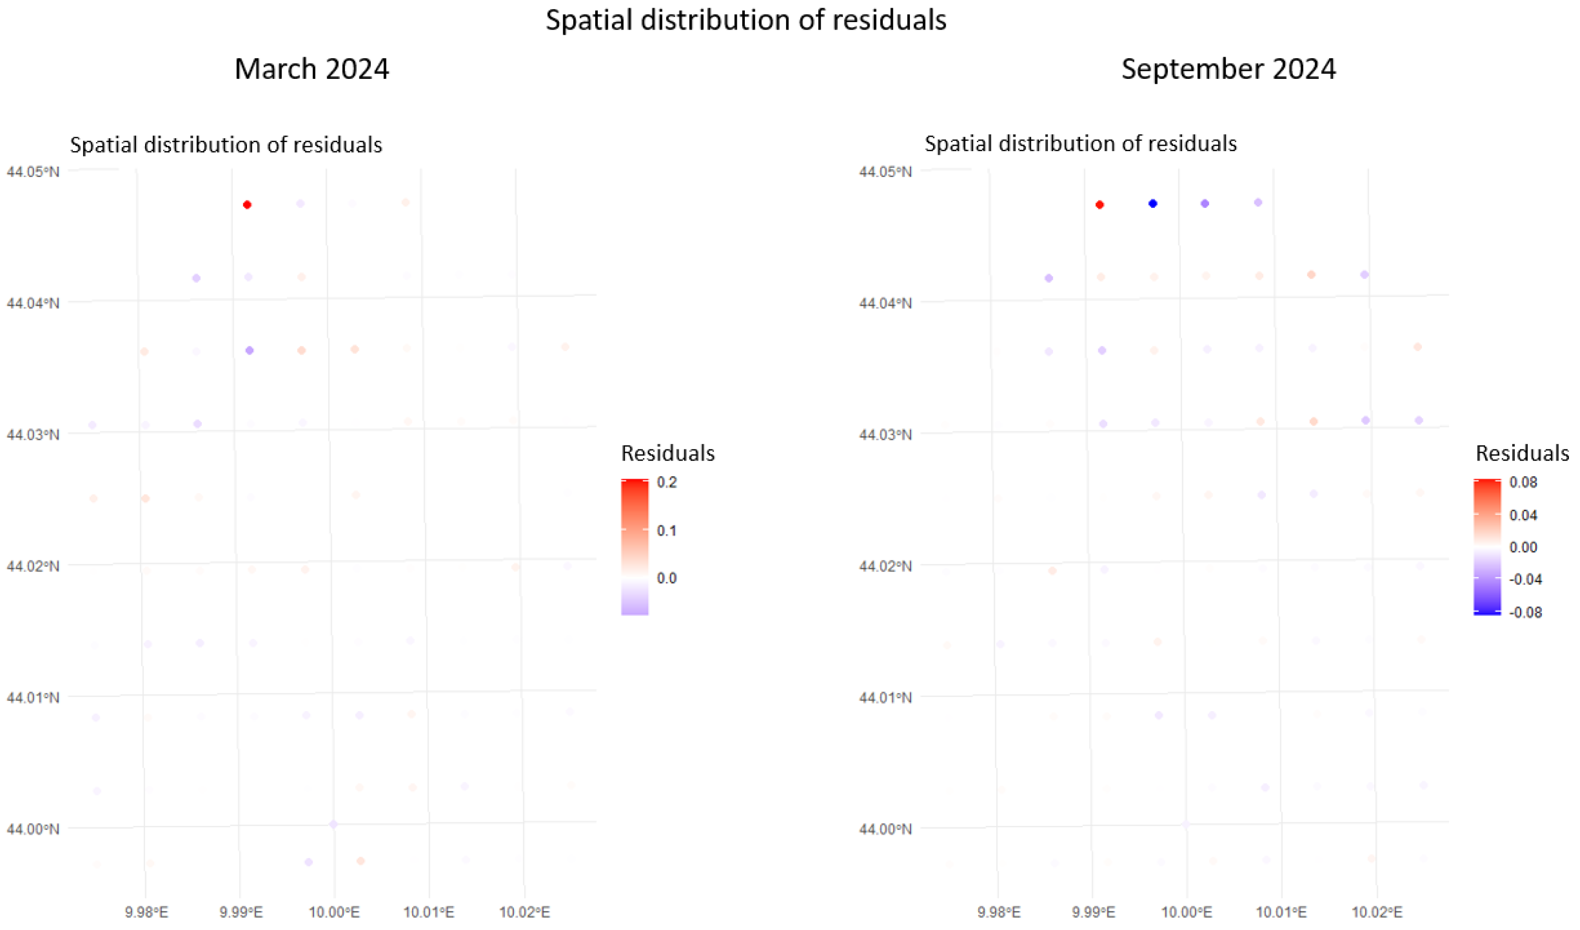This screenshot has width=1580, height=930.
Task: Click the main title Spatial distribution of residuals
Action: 745,20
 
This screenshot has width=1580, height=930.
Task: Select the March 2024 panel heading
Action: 312,69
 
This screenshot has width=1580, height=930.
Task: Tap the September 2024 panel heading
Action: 1228,69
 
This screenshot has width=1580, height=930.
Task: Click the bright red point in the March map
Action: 247,204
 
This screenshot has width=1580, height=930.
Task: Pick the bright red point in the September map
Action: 1099,204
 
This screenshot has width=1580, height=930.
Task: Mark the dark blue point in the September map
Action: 1152,203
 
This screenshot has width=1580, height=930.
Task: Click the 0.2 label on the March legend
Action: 667,482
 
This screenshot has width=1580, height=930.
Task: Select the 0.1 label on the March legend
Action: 667,531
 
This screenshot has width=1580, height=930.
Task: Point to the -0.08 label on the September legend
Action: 1525,612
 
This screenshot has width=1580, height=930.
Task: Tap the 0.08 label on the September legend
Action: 1523,482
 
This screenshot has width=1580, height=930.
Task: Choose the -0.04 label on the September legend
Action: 1525,579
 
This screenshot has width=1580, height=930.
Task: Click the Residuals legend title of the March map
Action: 667,453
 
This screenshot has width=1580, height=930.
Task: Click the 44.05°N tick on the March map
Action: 33,171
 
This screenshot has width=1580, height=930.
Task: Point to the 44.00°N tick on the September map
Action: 885,829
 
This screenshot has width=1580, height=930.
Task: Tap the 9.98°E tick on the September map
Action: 998,911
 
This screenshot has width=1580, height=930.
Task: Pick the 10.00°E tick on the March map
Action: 334,911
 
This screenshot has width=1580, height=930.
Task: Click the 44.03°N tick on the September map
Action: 885,434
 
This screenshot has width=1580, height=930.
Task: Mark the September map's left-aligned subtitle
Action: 1080,144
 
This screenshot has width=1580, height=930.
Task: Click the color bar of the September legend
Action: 1487,547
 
